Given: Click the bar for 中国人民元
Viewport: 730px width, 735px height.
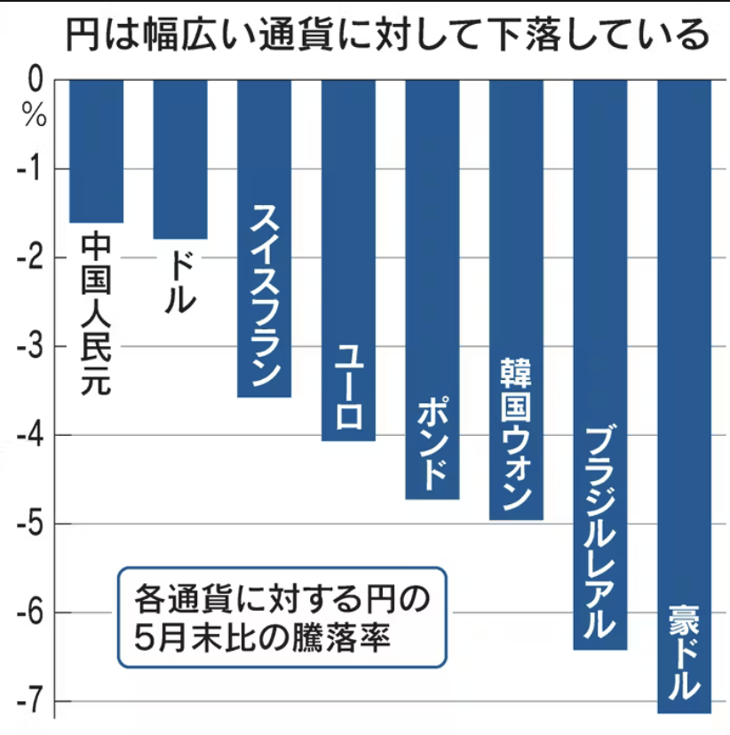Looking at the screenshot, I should point(96,151).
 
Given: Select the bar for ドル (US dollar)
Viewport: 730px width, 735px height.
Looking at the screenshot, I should point(180,160).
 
